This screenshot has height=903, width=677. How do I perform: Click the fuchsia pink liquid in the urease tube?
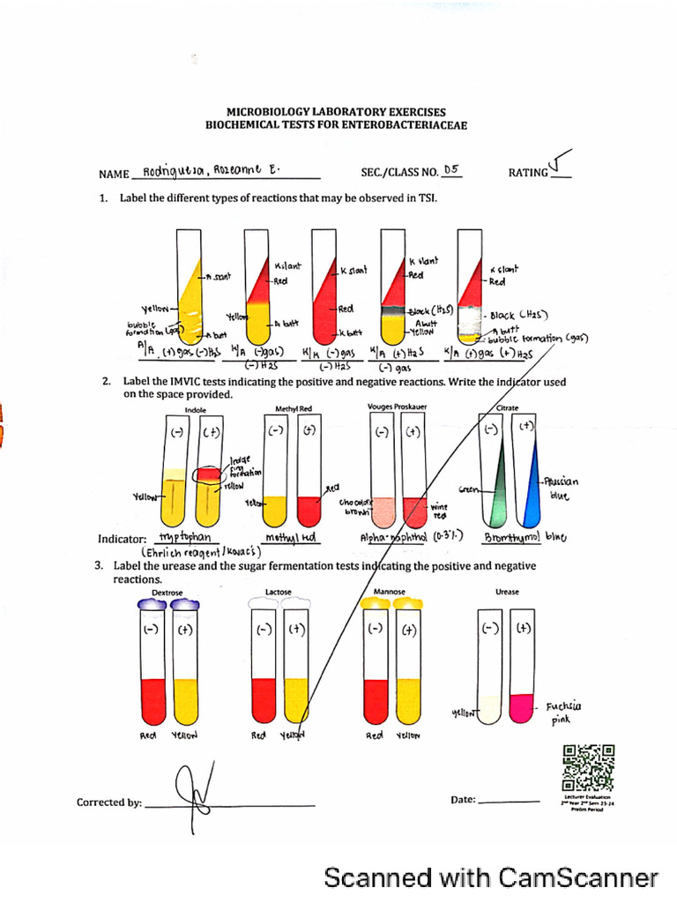(522, 705)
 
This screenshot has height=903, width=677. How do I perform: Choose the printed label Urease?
(507, 593)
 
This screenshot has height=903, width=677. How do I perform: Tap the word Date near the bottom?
(463, 800)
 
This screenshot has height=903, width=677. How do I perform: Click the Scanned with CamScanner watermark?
(490, 877)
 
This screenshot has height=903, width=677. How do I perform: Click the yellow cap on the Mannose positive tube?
(408, 603)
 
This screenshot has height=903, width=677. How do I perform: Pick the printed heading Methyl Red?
(294, 409)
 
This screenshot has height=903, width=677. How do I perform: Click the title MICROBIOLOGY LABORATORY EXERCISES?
(336, 112)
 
